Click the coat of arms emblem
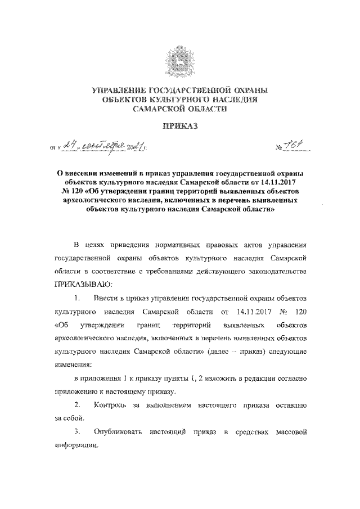click(x=181, y=61)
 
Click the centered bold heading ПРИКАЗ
click(x=181, y=128)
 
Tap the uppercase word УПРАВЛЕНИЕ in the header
click(x=119, y=91)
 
